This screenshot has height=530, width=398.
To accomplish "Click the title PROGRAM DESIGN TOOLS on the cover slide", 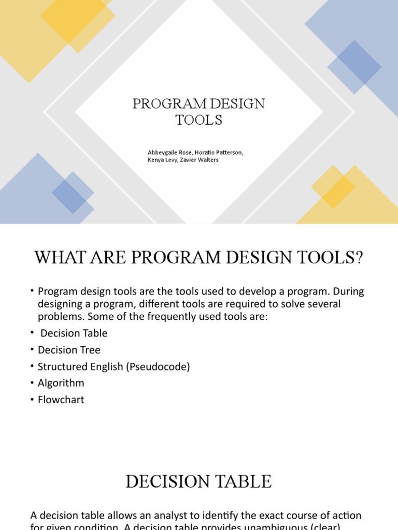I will coord(198,111).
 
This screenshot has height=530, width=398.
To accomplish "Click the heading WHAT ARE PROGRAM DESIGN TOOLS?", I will coord(198,257).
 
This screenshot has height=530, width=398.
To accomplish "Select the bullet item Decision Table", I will coord(74,333).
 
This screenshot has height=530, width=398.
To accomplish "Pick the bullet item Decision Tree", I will coord(69,350).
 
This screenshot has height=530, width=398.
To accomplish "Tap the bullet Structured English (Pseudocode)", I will coord(113,366).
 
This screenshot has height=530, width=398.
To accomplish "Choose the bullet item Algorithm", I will coord(61,383).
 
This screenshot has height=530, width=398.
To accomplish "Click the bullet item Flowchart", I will coord(61,400).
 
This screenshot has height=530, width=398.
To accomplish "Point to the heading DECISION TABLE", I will coord(198,481).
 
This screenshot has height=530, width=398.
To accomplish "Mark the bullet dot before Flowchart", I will coord(32,400).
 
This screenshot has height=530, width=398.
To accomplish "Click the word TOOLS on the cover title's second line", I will coord(198,120).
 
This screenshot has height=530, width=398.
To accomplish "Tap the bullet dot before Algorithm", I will coord(32,383).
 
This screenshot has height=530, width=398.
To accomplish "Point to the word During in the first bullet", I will coord(347,291).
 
